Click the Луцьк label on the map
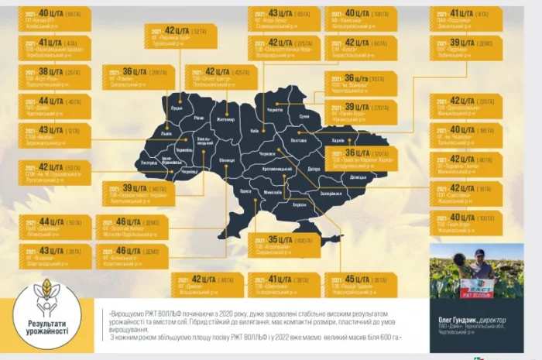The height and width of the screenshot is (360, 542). [177, 108]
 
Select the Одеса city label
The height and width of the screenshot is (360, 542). [245, 190]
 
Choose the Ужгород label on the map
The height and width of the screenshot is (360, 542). [149, 163]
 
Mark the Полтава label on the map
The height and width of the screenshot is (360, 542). [299, 141]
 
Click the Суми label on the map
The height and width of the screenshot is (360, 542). [304, 116]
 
